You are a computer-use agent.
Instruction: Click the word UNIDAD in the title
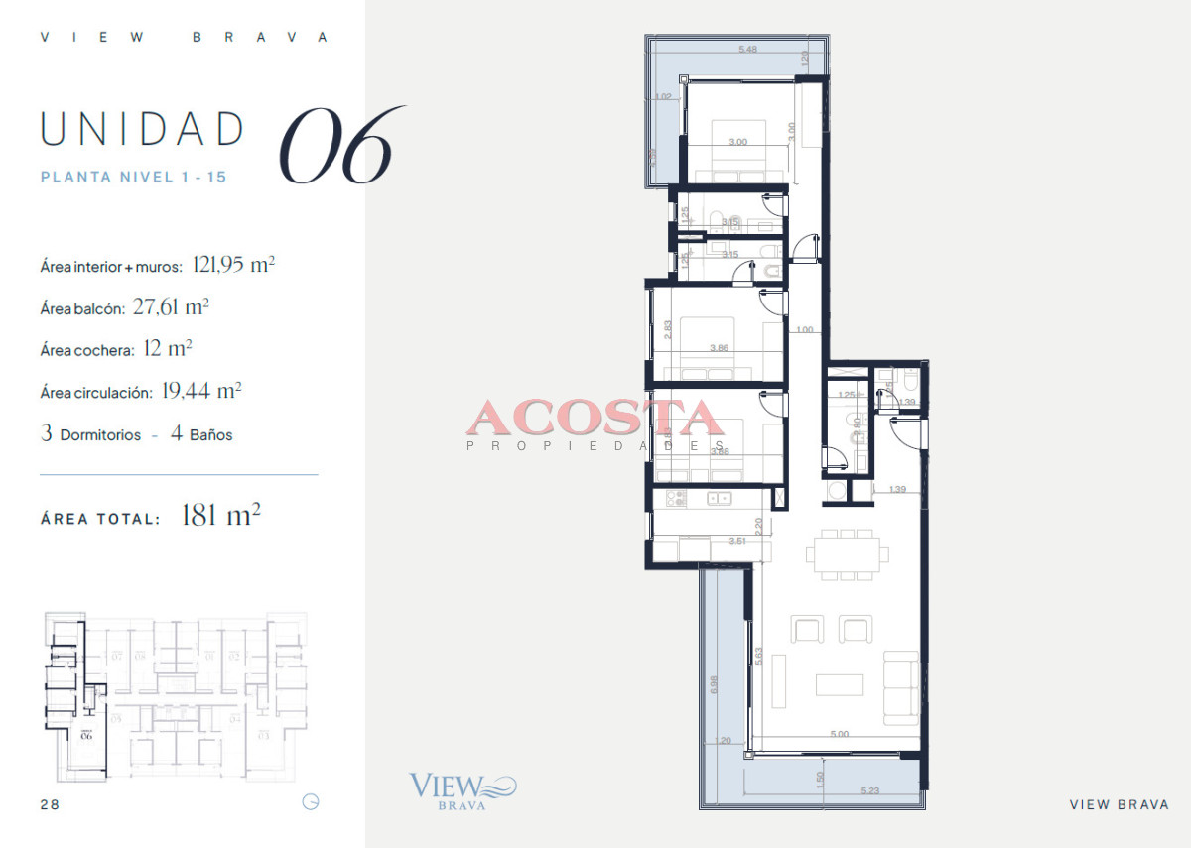pyautogui.click(x=143, y=129)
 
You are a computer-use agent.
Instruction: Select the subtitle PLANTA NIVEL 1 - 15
pyautogui.click(x=133, y=178)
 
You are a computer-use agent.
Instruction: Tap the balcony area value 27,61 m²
pyautogui.click(x=170, y=307)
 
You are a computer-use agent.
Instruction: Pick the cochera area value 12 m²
pyautogui.click(x=167, y=349)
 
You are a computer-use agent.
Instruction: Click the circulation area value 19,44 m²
pyautogui.click(x=201, y=392)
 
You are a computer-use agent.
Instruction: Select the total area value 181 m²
pyautogui.click(x=220, y=516)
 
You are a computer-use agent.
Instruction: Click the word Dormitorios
pyautogui.click(x=100, y=435)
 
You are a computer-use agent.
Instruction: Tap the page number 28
pyautogui.click(x=50, y=804)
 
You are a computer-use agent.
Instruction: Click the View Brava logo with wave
pyautogui.click(x=463, y=791)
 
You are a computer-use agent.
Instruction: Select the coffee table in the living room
pyautogui.click(x=840, y=685)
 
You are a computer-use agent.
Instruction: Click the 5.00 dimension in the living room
pyautogui.click(x=839, y=735)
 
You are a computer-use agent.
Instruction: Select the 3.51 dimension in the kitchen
pyautogui.click(x=736, y=541)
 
